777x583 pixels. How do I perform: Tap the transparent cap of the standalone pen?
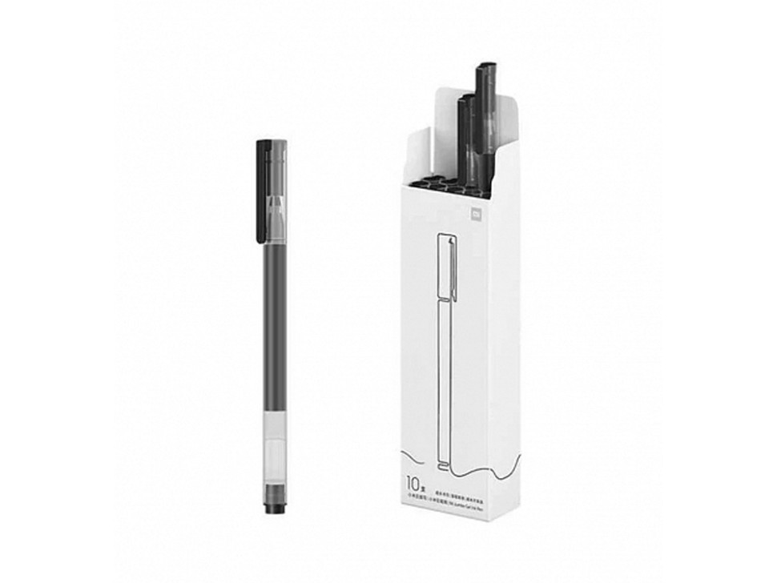[272, 192]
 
